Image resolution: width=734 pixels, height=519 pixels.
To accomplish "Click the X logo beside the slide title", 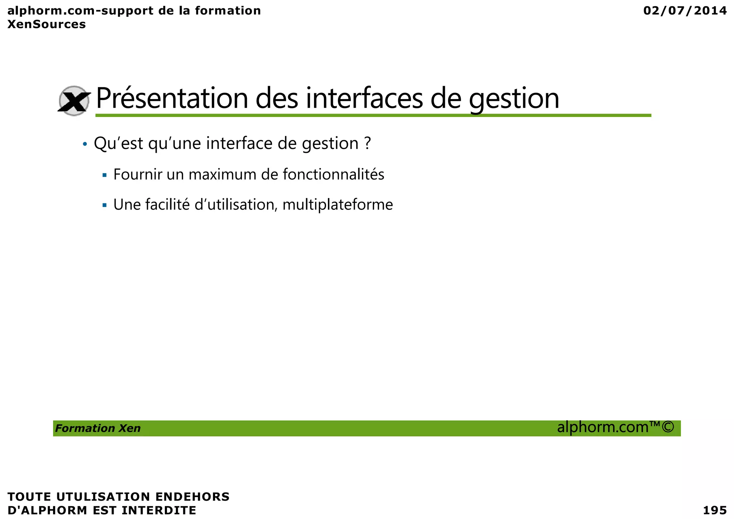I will point(74,101).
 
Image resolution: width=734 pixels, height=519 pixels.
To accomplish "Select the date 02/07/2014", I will point(685,11).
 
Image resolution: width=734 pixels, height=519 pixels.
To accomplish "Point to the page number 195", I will point(715,510).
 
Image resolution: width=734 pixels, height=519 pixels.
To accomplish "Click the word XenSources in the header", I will point(47,24).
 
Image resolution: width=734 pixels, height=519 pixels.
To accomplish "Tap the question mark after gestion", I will point(367,143).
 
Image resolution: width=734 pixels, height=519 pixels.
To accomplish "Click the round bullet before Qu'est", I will point(85,144).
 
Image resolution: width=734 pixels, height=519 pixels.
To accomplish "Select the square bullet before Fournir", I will point(105,175).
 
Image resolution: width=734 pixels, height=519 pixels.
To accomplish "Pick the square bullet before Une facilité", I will point(105,206).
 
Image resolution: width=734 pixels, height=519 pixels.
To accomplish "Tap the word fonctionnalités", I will point(333,175).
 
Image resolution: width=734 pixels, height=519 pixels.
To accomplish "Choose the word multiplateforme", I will point(338,205).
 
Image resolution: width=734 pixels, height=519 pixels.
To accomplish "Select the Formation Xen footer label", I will point(98,428).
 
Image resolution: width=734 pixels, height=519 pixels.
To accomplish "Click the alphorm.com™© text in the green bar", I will point(615,427).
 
